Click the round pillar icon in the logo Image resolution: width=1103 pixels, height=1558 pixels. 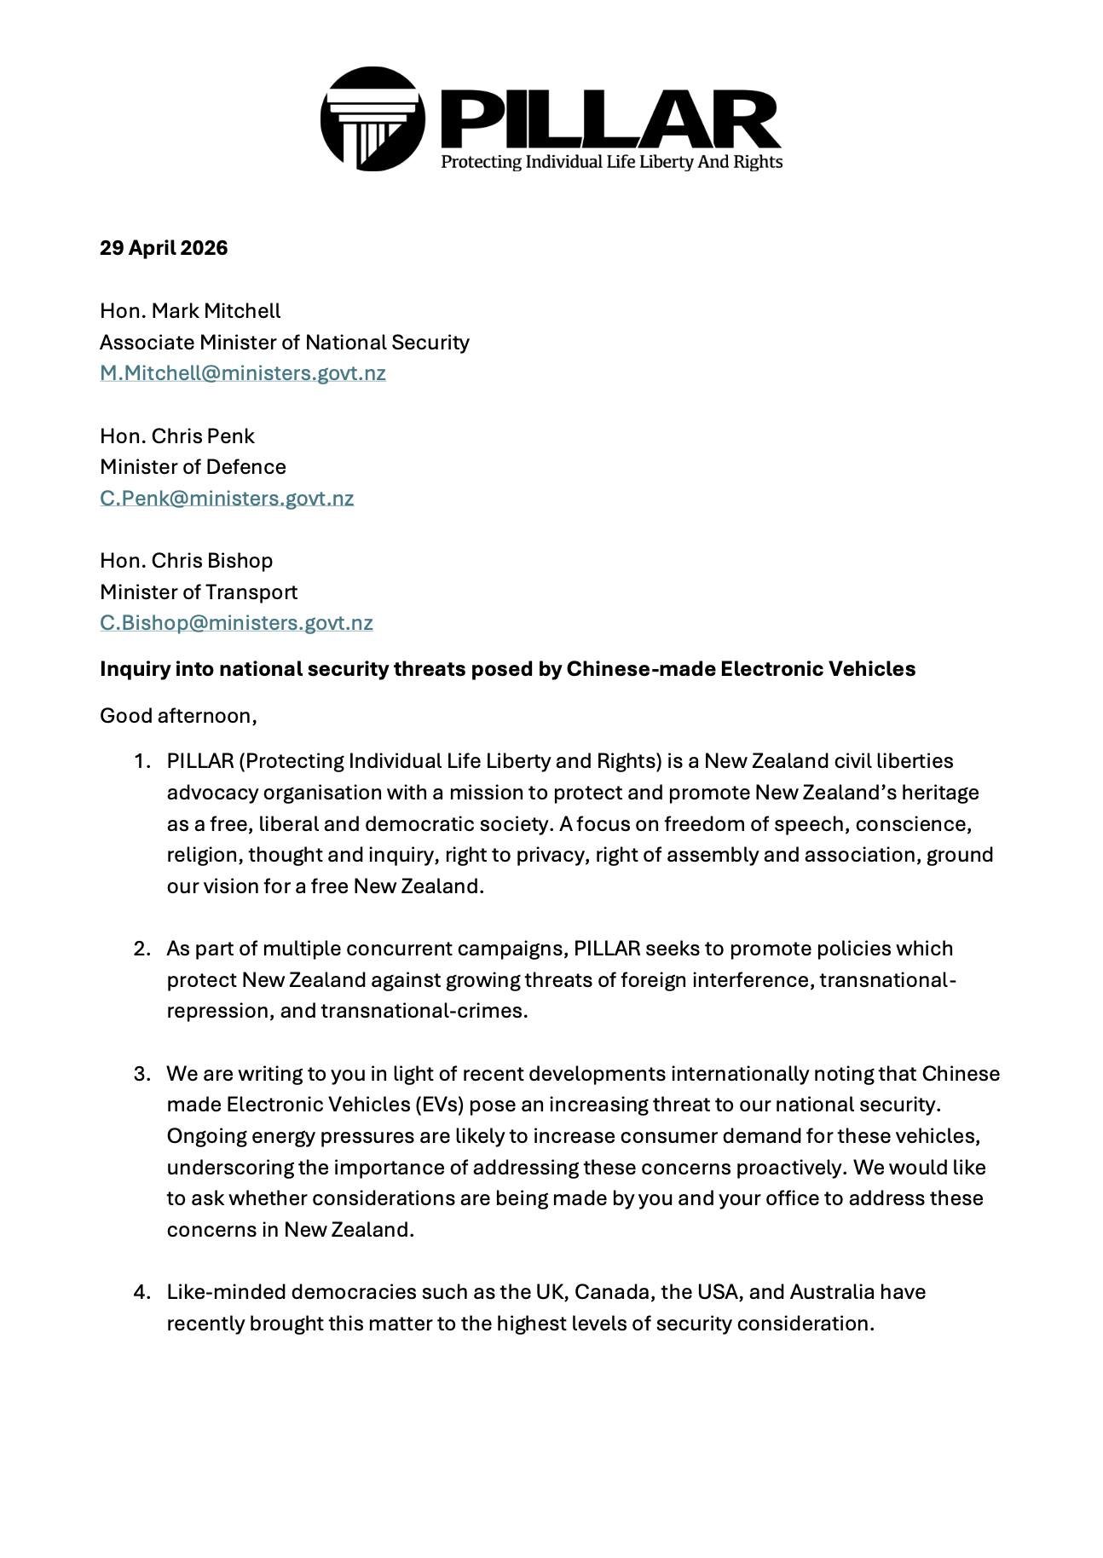pyautogui.click(x=372, y=119)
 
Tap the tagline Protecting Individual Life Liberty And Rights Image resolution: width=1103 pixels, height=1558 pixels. pyautogui.click(x=611, y=162)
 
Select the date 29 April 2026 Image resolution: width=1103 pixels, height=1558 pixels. pyautogui.click(x=164, y=248)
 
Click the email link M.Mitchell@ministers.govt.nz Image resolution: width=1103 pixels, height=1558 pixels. pyautogui.click(x=243, y=373)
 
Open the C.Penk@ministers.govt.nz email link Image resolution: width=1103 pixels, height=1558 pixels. pyautogui.click(x=227, y=498)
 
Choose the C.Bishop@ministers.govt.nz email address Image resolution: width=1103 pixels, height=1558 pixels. pyautogui.click(x=236, y=623)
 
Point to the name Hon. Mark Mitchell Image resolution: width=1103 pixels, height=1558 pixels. pyautogui.click(x=190, y=311)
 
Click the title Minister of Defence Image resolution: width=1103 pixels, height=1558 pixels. pyautogui.click(x=193, y=467)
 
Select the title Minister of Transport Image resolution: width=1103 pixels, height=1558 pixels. pyautogui.click(x=199, y=591)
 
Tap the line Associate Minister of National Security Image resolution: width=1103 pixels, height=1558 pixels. pyautogui.click(x=285, y=343)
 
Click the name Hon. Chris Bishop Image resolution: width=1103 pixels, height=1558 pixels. pyautogui.click(x=187, y=561)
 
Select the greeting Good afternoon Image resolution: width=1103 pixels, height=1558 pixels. pyautogui.click(x=177, y=715)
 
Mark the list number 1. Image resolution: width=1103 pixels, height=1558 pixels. pyautogui.click(x=142, y=761)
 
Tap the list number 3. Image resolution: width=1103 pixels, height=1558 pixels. pyautogui.click(x=142, y=1073)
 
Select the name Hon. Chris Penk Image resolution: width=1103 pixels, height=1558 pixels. pyautogui.click(x=177, y=436)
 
